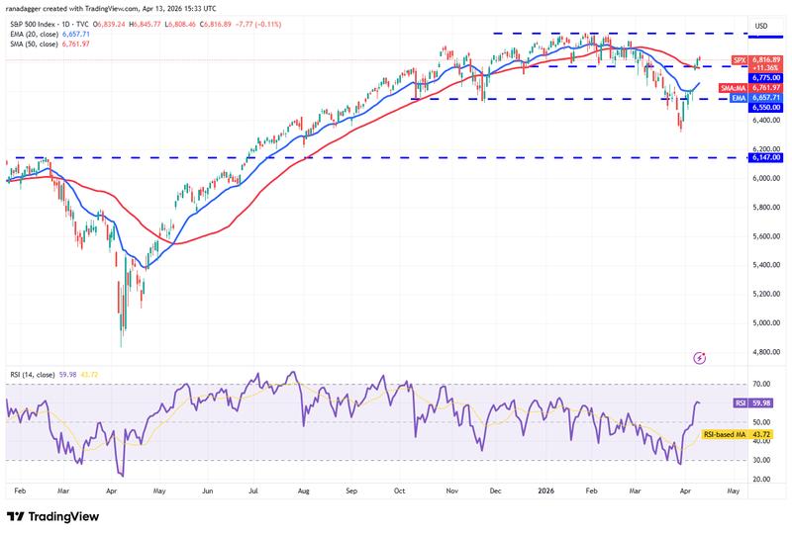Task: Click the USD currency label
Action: click(x=762, y=26)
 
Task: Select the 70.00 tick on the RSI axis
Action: click(x=762, y=384)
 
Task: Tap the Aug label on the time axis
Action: click(x=303, y=490)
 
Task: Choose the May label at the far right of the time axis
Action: click(x=733, y=490)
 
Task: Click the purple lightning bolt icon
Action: click(x=700, y=357)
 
